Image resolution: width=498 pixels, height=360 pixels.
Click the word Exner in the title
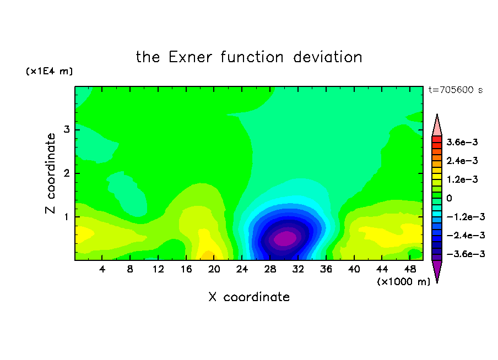click(190, 57)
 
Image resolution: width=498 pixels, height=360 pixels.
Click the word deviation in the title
click(327, 57)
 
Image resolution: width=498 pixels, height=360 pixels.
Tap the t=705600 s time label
click(456, 90)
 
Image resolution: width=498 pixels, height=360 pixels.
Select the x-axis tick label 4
click(102, 269)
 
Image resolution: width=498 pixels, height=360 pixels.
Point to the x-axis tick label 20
click(214, 269)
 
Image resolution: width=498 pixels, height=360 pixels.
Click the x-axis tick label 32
click(298, 269)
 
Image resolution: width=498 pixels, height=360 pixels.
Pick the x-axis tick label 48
click(410, 269)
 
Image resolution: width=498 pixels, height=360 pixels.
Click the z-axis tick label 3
click(67, 129)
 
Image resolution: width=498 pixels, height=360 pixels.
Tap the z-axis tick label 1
click(67, 217)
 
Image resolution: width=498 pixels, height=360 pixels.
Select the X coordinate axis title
click(249, 297)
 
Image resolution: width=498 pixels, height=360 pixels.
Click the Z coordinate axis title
click(50, 173)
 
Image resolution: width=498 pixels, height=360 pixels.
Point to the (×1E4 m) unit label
click(49, 71)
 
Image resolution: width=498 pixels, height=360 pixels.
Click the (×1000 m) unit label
click(403, 282)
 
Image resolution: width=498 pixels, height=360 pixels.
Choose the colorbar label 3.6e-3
click(462, 142)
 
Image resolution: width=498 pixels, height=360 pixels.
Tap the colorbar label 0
click(449, 198)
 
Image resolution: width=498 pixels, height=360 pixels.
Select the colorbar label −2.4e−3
click(465, 235)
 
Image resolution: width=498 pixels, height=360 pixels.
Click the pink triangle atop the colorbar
click(437, 127)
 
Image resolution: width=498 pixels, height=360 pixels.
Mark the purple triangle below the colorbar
click(437, 269)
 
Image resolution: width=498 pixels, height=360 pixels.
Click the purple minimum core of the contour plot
click(285, 238)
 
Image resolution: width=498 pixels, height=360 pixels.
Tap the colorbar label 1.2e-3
click(462, 179)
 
